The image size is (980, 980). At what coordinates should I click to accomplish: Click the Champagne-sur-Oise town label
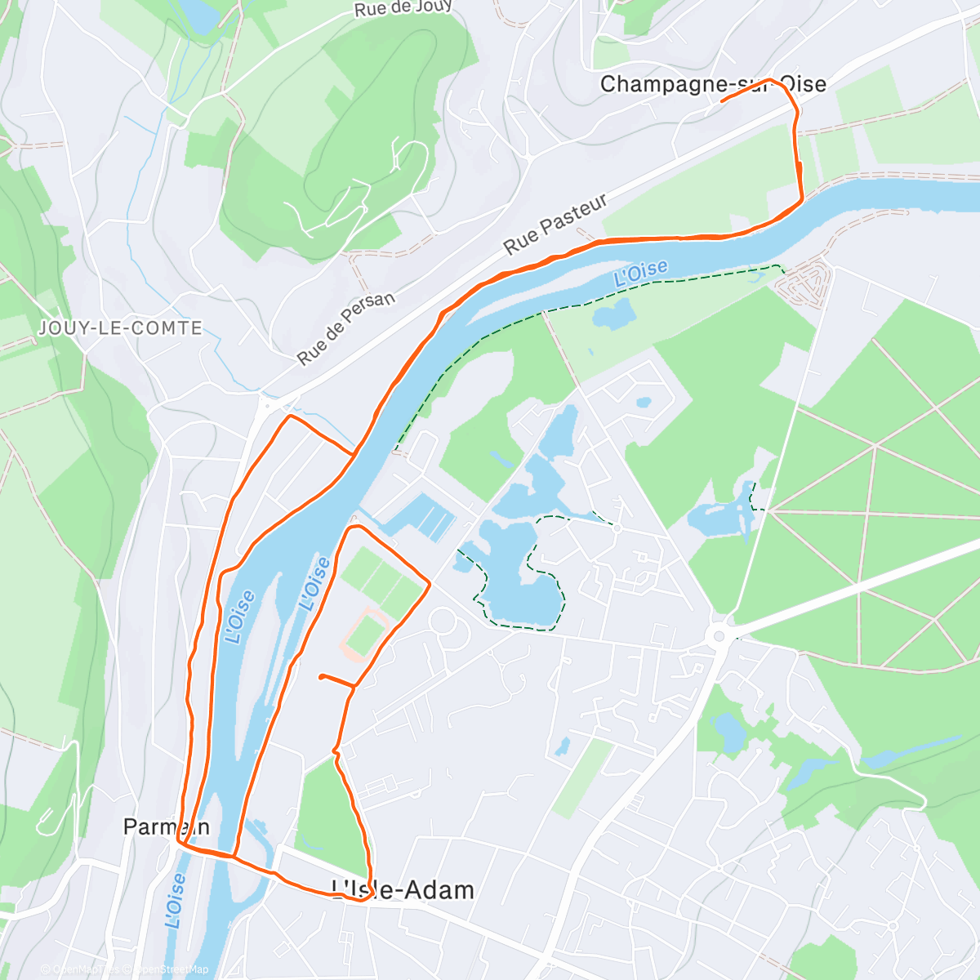click(712, 84)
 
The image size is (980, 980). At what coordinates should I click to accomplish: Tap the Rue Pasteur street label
click(555, 224)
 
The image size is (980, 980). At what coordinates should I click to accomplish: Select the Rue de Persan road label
click(345, 328)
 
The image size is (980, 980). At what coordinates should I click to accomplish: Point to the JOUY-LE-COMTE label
click(121, 328)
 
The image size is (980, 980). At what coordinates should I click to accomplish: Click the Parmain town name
click(166, 826)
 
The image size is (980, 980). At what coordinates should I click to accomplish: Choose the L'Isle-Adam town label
click(403, 889)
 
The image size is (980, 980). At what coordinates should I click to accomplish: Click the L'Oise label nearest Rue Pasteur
click(640, 274)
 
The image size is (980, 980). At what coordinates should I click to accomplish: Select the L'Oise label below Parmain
click(176, 901)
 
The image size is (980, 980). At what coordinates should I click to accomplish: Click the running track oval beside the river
click(363, 635)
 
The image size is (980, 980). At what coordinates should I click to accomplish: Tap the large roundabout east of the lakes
click(719, 635)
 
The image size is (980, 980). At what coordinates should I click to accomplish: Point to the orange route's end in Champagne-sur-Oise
click(723, 100)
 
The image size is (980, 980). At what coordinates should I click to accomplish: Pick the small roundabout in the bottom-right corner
click(893, 926)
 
